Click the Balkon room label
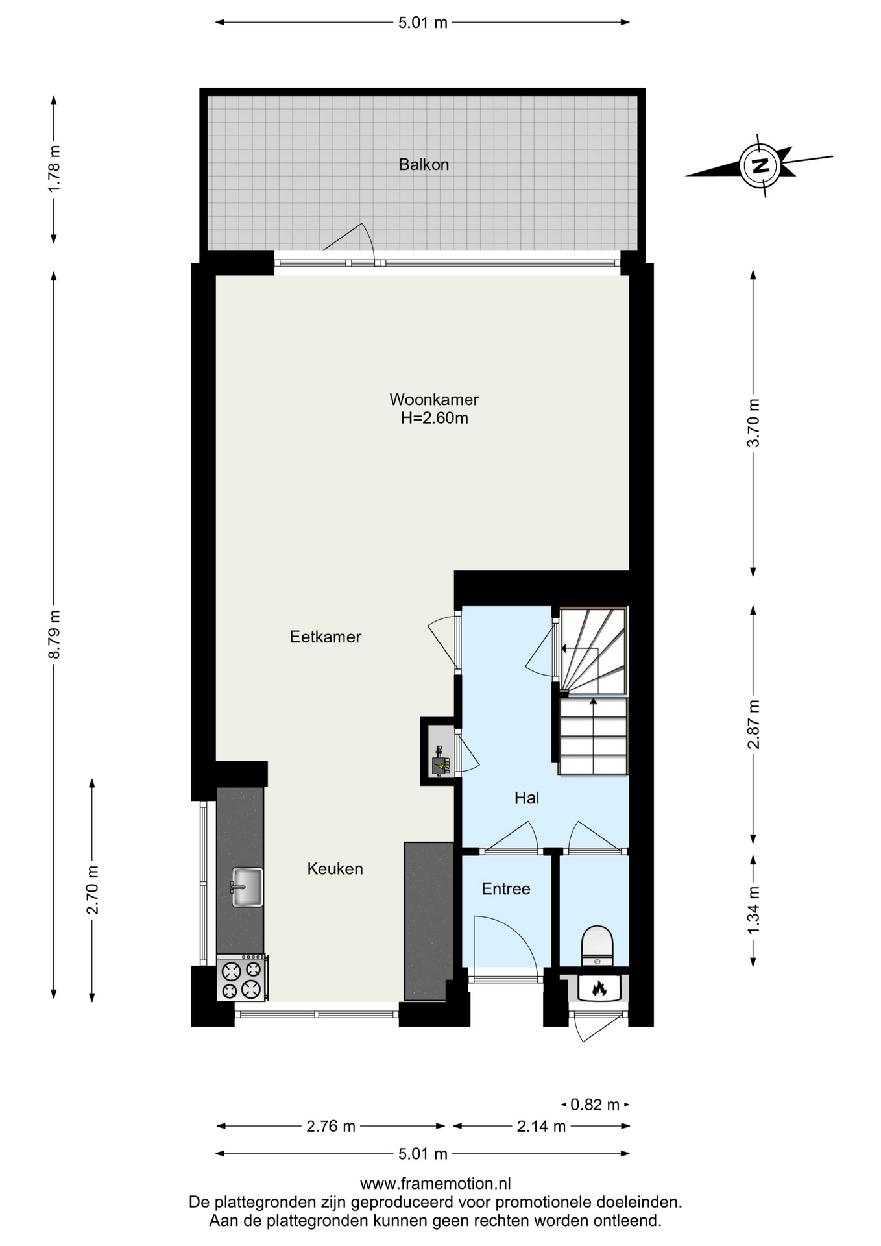(424, 165)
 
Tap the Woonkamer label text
(434, 399)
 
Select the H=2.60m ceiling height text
(434, 418)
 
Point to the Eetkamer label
(325, 637)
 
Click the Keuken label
(335, 868)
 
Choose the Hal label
(527, 798)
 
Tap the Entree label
(506, 888)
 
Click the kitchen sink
(247, 886)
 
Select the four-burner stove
(241, 977)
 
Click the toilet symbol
(597, 946)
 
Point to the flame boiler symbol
(598, 988)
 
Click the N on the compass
(760, 165)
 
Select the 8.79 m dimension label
(54, 634)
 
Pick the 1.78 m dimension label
(54, 168)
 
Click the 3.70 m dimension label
(753, 423)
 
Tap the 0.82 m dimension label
(595, 1104)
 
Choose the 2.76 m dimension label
(331, 1126)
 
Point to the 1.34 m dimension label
(753, 910)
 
